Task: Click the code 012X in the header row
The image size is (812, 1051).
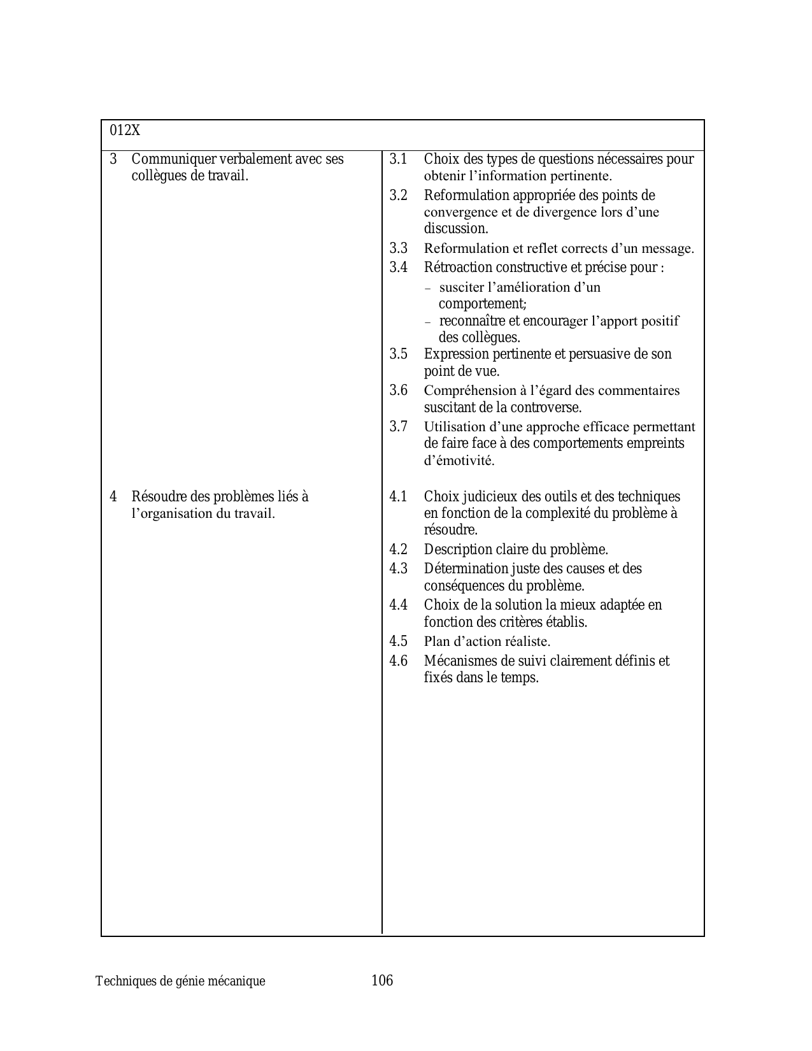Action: (125, 131)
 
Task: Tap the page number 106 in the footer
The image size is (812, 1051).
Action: (382, 980)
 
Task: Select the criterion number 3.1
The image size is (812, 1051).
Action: (398, 159)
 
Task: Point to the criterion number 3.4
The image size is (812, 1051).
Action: (398, 267)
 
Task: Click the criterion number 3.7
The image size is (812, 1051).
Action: (398, 426)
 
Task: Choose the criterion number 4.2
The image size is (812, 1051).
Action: (398, 549)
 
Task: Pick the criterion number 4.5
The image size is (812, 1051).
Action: (398, 641)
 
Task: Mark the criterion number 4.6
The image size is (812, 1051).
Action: (398, 661)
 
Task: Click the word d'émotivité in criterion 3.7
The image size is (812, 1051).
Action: (459, 461)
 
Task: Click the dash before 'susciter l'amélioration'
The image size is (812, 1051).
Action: (428, 289)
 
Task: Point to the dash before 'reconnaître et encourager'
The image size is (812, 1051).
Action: (428, 322)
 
